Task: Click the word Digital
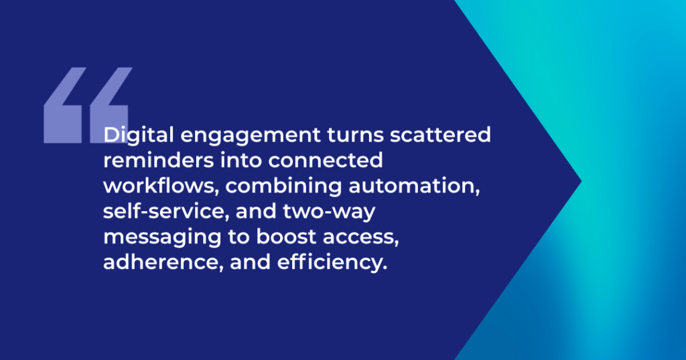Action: [x=138, y=135]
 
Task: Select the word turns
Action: [x=355, y=135]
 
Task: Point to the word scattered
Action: [x=440, y=135]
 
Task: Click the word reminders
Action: [x=158, y=160]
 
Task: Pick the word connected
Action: [x=326, y=160]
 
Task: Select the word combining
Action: [x=283, y=186]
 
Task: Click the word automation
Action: [x=414, y=186]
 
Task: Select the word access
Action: [x=361, y=237]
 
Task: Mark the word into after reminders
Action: [x=241, y=160]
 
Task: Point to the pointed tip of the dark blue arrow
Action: [x=581, y=181]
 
